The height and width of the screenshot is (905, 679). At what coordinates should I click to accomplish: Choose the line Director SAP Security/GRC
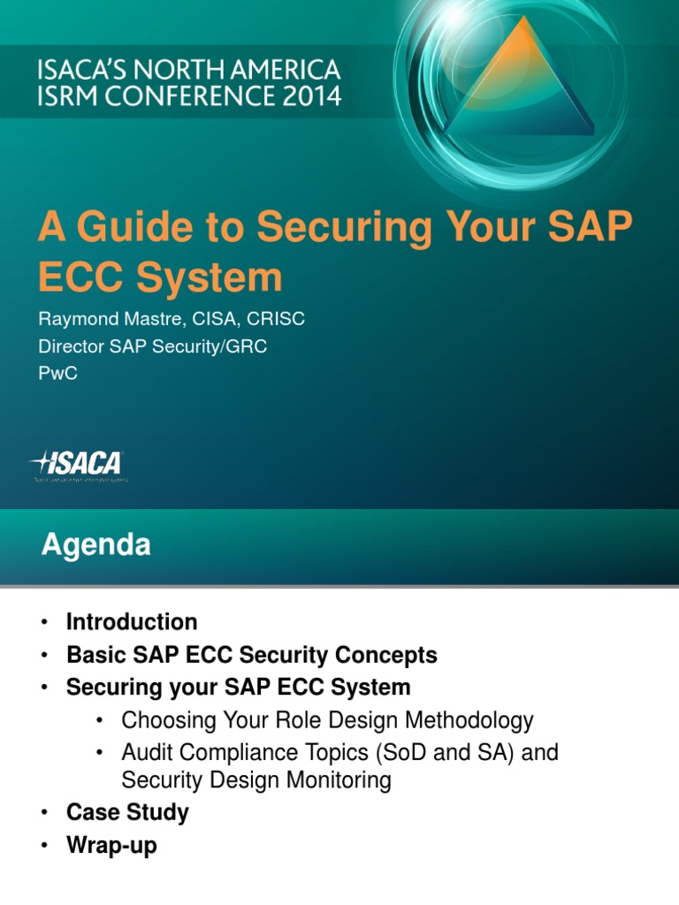point(152,346)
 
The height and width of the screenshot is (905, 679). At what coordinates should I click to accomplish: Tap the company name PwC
point(57,374)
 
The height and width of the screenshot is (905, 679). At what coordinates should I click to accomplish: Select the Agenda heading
point(95,546)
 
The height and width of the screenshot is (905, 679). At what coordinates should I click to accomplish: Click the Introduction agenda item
point(132,622)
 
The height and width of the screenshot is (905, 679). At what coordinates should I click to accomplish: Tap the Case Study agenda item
point(127,812)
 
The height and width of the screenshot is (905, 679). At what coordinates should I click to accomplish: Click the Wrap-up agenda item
point(111,845)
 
